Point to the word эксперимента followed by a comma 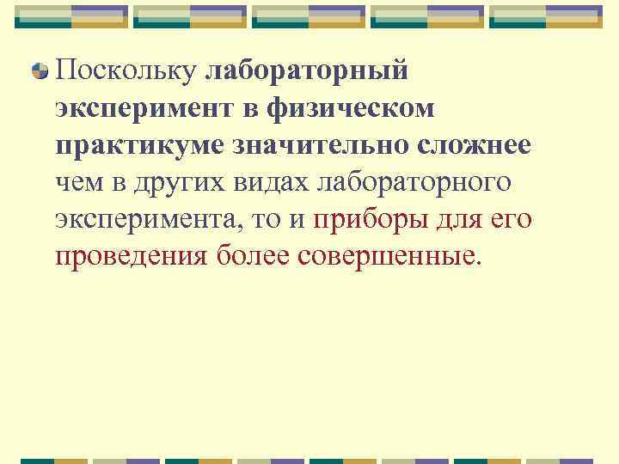148,219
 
